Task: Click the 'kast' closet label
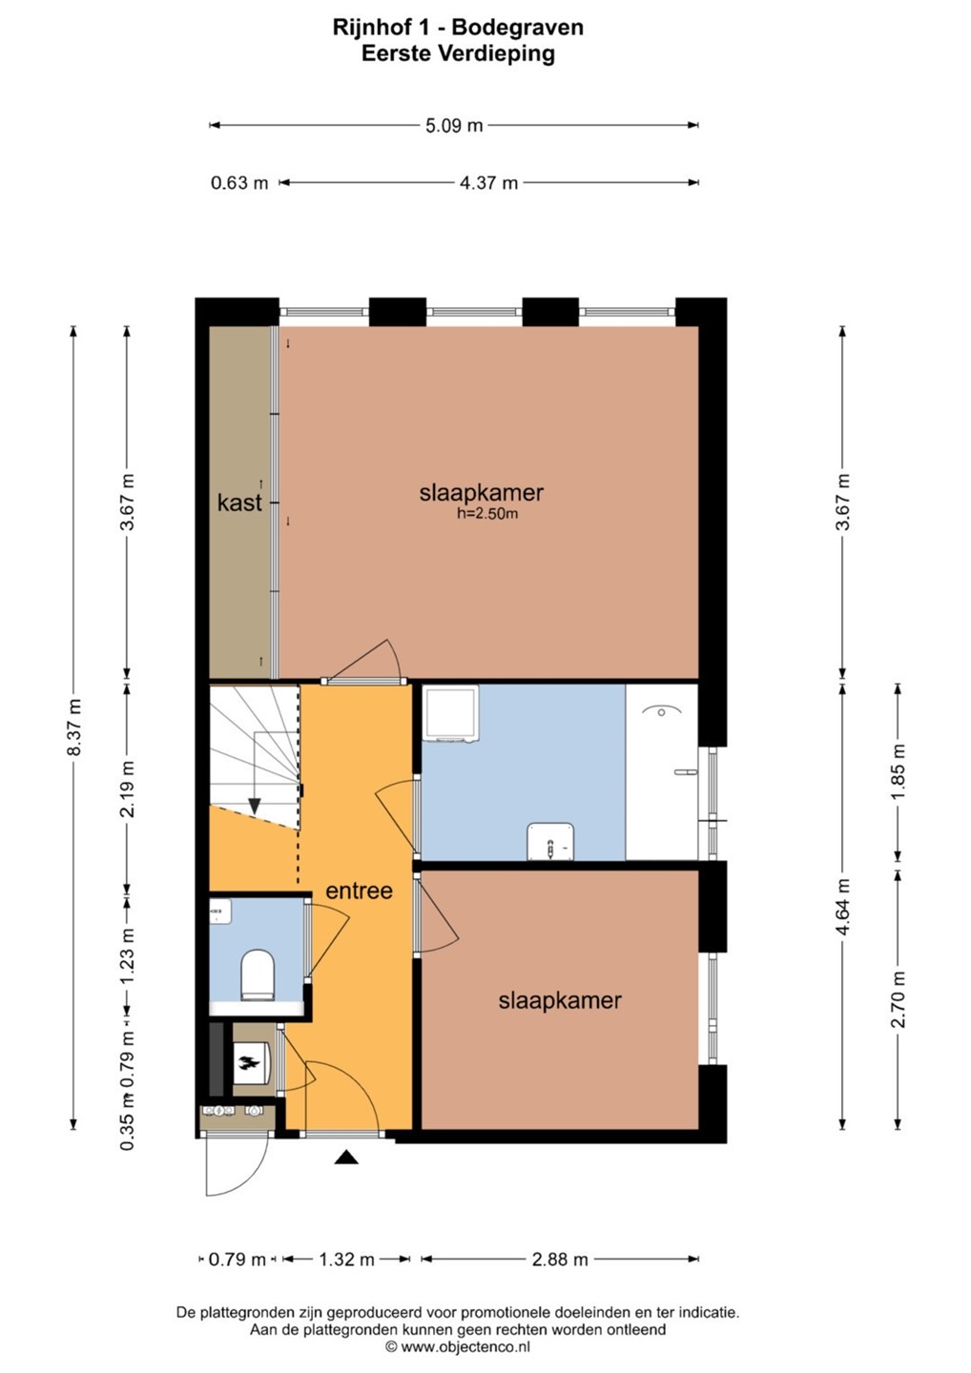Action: (x=239, y=502)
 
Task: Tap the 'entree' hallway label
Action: (x=359, y=891)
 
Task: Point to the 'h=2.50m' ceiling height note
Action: (x=486, y=514)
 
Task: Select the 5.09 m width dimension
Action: (x=454, y=126)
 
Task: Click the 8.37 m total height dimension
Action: (x=74, y=727)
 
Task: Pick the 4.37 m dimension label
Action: (x=488, y=183)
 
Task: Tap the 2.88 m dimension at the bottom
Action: (x=559, y=1259)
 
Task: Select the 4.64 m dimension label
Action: (x=843, y=907)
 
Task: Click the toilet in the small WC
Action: (x=257, y=975)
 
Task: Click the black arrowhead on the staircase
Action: (x=254, y=807)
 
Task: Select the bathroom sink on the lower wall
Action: (x=550, y=841)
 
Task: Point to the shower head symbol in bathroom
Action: (x=661, y=711)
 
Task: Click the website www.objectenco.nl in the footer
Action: (x=465, y=1346)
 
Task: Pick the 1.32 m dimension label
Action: (x=345, y=1259)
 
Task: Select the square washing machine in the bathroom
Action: (x=452, y=713)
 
